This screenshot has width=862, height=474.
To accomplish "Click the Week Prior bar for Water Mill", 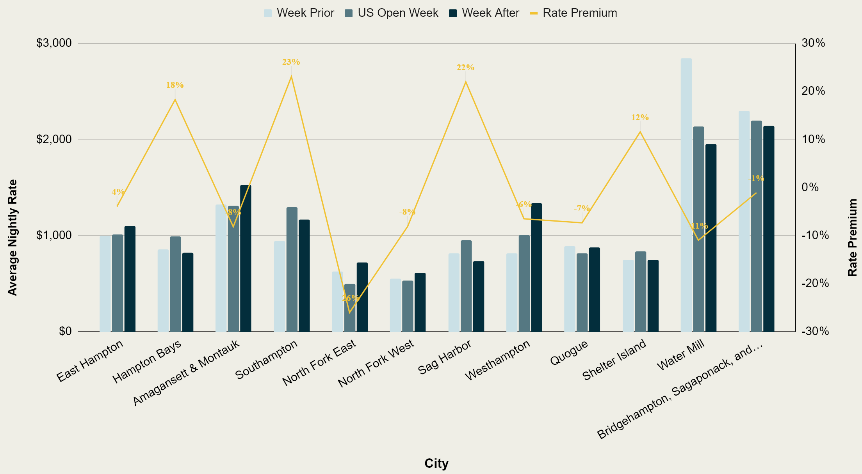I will (x=686, y=195).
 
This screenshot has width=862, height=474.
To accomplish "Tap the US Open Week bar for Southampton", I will (x=292, y=269).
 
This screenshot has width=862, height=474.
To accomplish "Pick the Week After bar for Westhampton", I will (x=536, y=267).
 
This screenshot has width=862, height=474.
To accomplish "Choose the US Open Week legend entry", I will (x=392, y=13).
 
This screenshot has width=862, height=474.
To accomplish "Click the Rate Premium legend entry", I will (x=573, y=13).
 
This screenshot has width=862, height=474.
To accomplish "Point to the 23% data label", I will (x=291, y=62).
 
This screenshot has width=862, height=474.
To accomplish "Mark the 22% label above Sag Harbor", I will (x=465, y=67).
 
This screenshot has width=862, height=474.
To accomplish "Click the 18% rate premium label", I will (x=175, y=85).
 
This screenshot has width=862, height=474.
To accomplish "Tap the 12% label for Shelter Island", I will (x=640, y=117).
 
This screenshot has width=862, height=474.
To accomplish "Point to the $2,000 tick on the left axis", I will (x=54, y=139).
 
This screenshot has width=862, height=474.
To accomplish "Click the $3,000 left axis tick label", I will (x=54, y=43).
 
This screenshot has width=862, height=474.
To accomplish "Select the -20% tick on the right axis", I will (x=815, y=283).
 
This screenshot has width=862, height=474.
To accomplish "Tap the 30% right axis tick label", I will (x=813, y=43).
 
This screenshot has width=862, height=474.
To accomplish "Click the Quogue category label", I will (x=569, y=353).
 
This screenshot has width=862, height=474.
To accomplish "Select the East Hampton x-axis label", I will (x=90, y=361).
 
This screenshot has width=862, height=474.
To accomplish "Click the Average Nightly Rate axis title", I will (x=12, y=238).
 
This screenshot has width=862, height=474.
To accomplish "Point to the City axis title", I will (x=436, y=463).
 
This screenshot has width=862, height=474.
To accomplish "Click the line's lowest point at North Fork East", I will (x=350, y=312).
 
